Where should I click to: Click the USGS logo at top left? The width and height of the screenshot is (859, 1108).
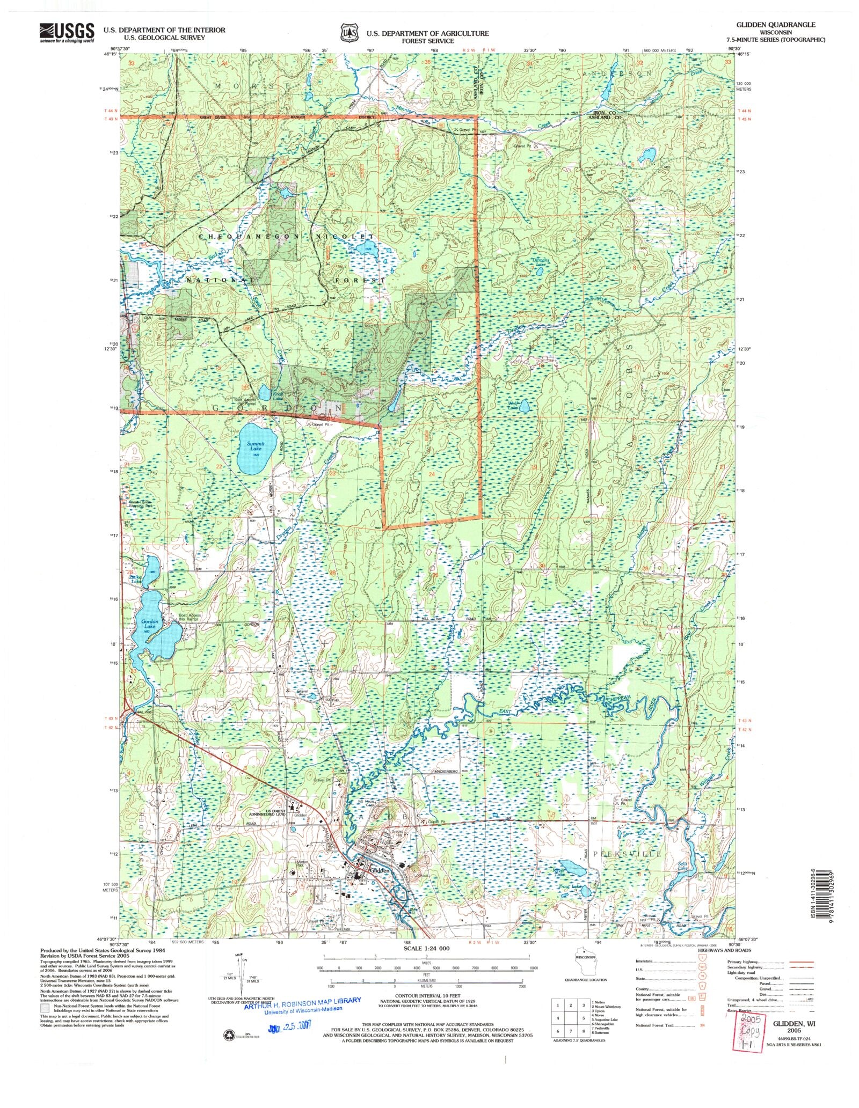pos(67,33)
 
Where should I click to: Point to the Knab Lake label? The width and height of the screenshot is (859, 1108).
pos(277,397)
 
